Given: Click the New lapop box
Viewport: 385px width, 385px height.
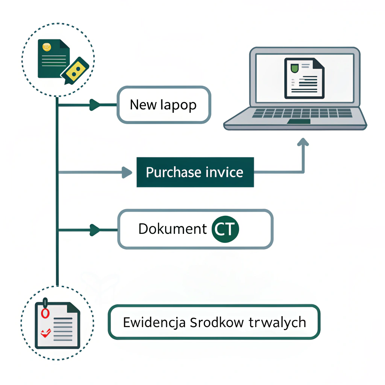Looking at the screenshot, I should tap(164, 105).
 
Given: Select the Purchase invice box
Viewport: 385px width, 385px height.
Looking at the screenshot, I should tap(195, 172).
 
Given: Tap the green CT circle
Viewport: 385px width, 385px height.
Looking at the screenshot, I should tap(225, 229).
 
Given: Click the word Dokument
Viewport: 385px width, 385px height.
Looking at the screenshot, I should tap(173, 229).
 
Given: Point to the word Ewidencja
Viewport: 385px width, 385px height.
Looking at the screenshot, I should tap(154, 323).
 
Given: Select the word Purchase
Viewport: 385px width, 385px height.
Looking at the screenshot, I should tap(174, 173).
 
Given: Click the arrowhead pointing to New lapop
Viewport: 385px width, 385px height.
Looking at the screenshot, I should tap(95, 105).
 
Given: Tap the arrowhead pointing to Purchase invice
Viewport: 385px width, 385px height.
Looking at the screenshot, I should tap(127, 173).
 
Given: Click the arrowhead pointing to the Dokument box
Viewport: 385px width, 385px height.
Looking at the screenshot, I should tap(95, 229).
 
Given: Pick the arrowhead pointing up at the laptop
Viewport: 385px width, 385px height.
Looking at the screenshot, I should tap(303, 142).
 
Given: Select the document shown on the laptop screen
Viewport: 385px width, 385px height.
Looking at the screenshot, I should tap(304, 78).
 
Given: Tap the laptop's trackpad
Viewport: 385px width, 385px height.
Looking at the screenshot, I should tap(299, 121).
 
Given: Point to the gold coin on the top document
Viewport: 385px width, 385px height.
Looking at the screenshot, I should tap(47, 47).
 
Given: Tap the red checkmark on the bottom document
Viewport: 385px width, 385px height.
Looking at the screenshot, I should tap(45, 333).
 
